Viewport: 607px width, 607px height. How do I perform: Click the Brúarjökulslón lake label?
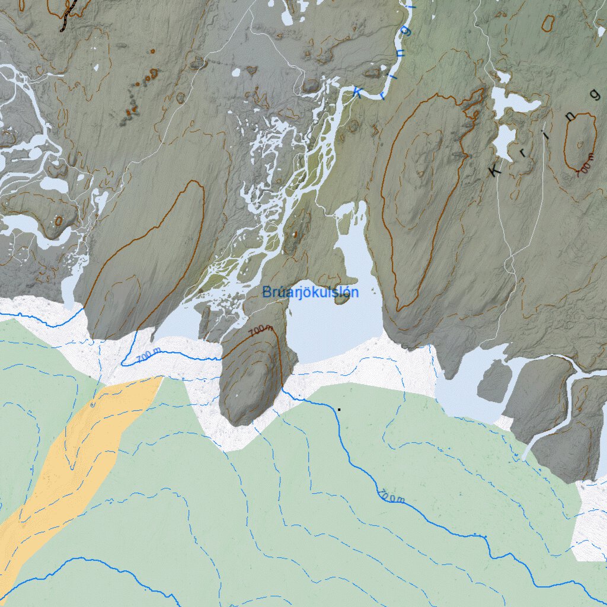(310, 292)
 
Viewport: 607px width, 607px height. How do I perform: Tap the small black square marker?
(339, 409)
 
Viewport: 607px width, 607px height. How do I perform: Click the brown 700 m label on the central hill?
(261, 331)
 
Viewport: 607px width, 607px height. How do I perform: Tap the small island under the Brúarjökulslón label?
(341, 299)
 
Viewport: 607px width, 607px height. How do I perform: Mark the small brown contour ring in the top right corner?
(548, 23)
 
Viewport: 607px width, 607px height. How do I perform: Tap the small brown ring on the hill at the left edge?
(58, 221)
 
